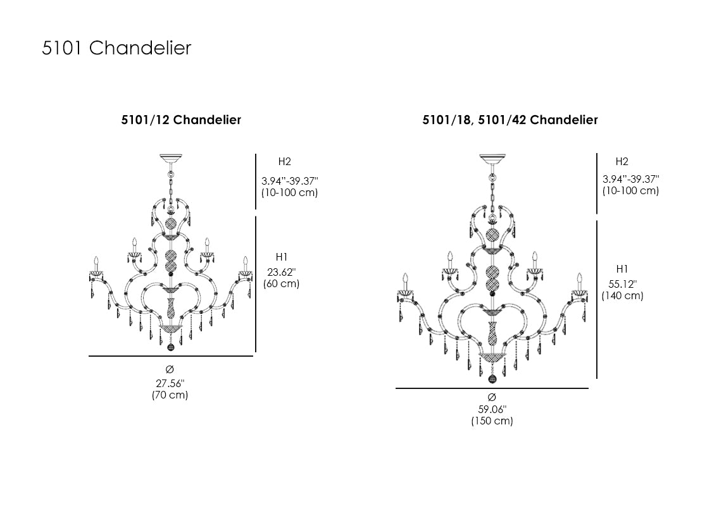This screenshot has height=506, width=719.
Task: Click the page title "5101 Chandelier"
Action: coord(116,48)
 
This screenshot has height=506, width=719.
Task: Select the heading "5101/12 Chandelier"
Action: coord(181,120)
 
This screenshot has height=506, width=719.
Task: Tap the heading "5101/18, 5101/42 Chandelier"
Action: coord(510,120)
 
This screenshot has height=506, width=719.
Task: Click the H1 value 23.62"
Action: coord(281,272)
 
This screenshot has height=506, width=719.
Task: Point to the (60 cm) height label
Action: coord(281,284)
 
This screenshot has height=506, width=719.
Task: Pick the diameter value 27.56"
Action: coord(170,383)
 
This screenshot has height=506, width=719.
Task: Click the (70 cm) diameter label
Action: coord(170,395)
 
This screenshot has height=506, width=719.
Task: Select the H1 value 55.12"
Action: coord(622,284)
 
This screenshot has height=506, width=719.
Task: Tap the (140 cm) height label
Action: coord(622,296)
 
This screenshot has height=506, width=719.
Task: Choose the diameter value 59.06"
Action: coord(492,409)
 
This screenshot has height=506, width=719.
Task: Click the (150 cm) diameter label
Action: coord(492,421)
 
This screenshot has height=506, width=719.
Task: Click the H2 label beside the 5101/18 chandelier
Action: coord(622,162)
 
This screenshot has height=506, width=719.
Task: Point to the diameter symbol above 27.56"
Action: coord(170,369)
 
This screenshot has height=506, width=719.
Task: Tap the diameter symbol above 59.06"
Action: coord(492,397)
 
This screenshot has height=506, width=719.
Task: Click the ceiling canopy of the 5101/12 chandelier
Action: coord(170,158)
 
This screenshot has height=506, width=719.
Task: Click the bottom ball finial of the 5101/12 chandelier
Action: coord(170,347)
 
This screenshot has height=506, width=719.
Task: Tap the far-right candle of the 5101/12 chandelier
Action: coord(245,262)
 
